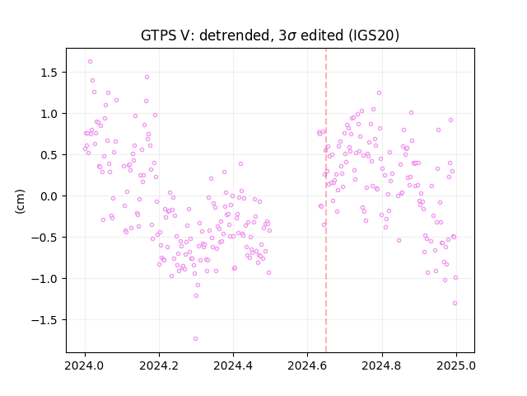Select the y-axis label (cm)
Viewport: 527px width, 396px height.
[20, 201]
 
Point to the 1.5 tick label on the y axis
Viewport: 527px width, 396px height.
[49, 73]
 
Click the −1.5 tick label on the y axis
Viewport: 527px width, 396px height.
[45, 320]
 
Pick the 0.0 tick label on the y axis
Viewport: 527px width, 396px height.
[49, 196]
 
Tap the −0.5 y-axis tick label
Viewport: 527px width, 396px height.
[45, 238]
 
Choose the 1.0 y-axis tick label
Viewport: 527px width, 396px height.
[49, 114]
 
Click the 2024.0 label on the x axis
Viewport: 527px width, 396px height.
[85, 365]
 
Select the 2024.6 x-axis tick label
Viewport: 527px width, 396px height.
[307, 365]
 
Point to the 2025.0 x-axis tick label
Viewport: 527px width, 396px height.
[456, 365]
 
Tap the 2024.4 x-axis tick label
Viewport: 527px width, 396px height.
[233, 365]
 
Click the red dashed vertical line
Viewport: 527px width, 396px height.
[326, 200]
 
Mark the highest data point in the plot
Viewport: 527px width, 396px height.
[90, 62]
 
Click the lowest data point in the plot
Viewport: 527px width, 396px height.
[195, 339]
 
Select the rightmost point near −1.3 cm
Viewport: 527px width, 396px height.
[455, 304]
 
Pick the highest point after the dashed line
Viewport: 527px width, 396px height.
[379, 93]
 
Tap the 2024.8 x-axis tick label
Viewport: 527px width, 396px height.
[381, 365]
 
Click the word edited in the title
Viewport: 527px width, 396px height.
[322, 35]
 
